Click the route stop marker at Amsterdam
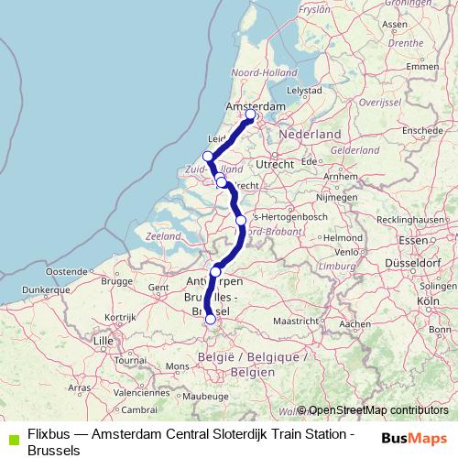[250, 114]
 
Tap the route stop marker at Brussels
[211, 320]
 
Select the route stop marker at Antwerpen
[216, 271]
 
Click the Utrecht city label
[274, 163]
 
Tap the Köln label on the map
[426, 300]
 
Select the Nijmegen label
[334, 197]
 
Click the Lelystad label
[303, 92]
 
